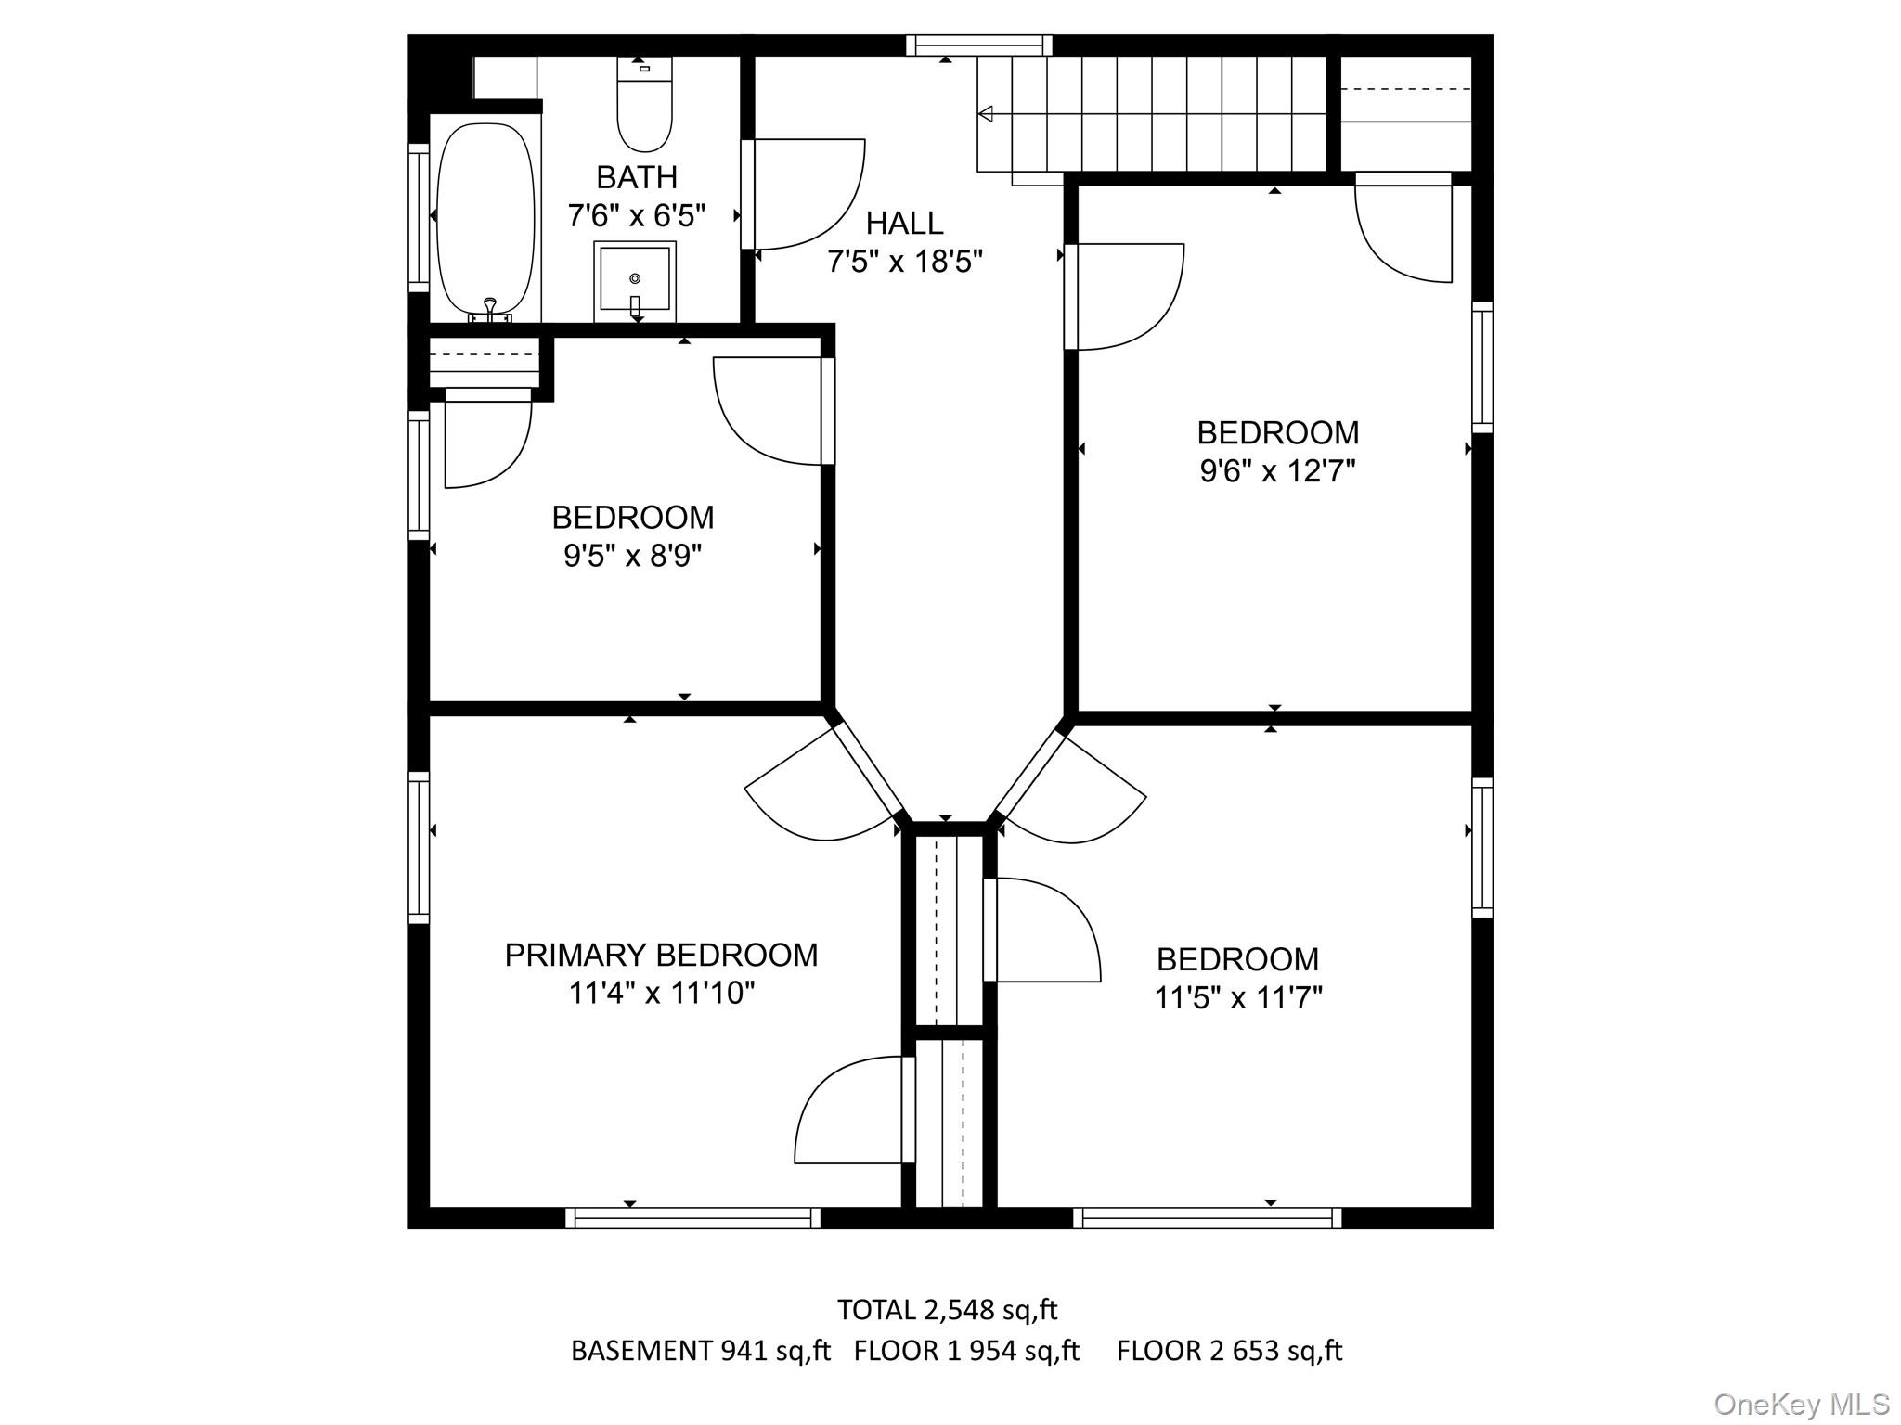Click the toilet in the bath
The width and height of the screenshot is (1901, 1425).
pos(644,107)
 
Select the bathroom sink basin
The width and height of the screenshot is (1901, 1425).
pos(635,276)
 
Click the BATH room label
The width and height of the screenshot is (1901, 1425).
pos(636,176)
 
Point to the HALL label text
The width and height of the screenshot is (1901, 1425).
pos(904,223)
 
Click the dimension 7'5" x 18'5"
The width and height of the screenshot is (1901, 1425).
pos(904,262)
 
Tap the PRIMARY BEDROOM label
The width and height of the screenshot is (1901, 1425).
pos(661,955)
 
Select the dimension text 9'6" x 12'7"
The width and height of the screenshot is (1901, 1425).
pos(1277,471)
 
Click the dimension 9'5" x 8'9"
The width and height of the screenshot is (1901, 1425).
pos(632,556)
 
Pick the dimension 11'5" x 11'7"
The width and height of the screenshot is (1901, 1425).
pos(1237,997)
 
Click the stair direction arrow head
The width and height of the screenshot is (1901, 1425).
pos(986,114)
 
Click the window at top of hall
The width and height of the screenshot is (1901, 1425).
pos(978,45)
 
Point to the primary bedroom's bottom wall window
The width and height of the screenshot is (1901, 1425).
pos(692,1217)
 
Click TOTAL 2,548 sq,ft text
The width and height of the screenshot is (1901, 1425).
pos(947,1310)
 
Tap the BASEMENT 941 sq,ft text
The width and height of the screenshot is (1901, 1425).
pos(700,1351)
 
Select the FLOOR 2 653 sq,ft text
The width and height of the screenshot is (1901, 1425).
pos(1229,1351)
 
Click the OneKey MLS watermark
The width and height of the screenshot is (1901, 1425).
pos(1802,1405)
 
